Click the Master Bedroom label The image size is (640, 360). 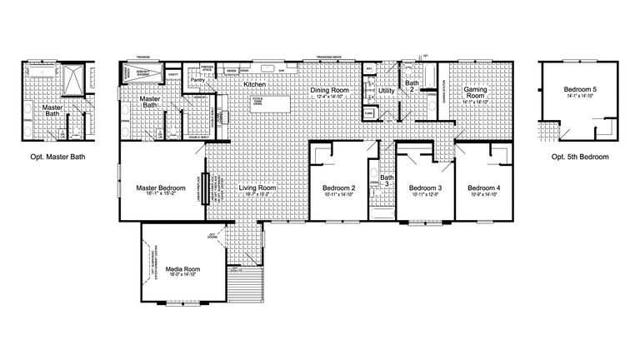click(160, 188)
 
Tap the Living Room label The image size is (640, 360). click(257, 188)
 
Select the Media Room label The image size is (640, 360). click(182, 269)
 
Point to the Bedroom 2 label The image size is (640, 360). click(339, 188)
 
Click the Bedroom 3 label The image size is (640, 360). click(425, 188)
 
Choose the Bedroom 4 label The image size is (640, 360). click(483, 188)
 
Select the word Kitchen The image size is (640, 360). click(255, 85)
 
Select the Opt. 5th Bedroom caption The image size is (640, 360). click(580, 157)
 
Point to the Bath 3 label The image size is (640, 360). click(387, 180)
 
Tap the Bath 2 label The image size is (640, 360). click(412, 87)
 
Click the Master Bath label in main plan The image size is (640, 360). click(150, 102)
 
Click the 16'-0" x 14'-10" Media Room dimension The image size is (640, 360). click(182, 277)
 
